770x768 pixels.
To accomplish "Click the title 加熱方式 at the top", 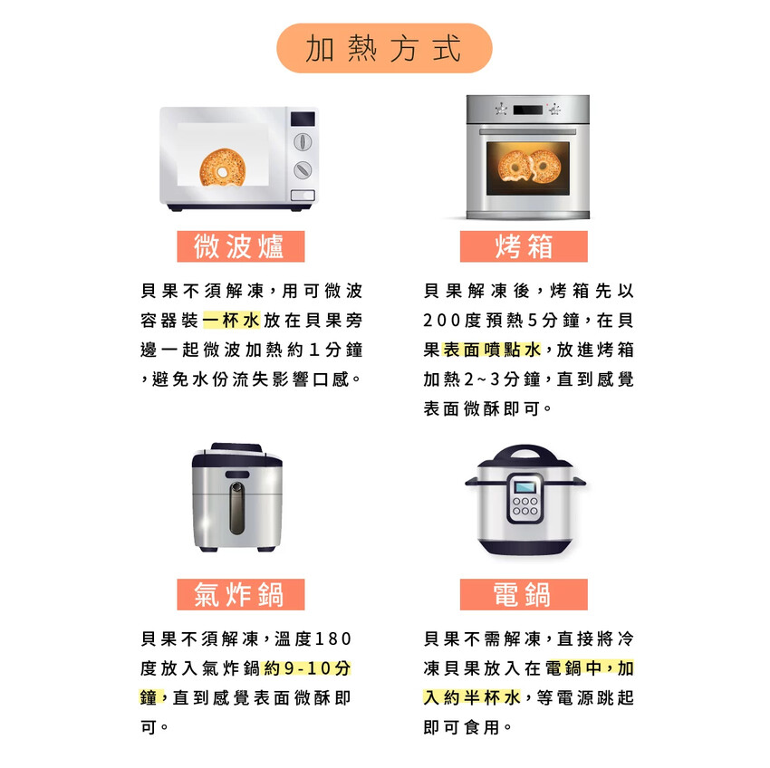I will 383,48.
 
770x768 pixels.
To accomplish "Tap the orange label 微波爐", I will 240,246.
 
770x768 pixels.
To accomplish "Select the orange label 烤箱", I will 524,246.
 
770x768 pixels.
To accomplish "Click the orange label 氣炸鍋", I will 240,594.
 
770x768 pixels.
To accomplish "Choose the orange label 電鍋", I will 524,594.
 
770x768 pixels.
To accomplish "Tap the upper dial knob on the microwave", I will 303,142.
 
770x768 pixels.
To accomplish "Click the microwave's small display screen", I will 303,119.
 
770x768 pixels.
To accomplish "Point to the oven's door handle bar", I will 527,130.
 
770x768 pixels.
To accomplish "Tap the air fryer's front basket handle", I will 236,507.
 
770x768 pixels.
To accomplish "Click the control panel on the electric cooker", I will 525,497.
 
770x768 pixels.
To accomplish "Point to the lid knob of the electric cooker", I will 525,450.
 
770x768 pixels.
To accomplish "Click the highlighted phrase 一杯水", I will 231,321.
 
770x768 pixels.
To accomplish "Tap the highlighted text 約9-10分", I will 306,668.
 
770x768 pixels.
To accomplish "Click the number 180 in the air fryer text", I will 332,639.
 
